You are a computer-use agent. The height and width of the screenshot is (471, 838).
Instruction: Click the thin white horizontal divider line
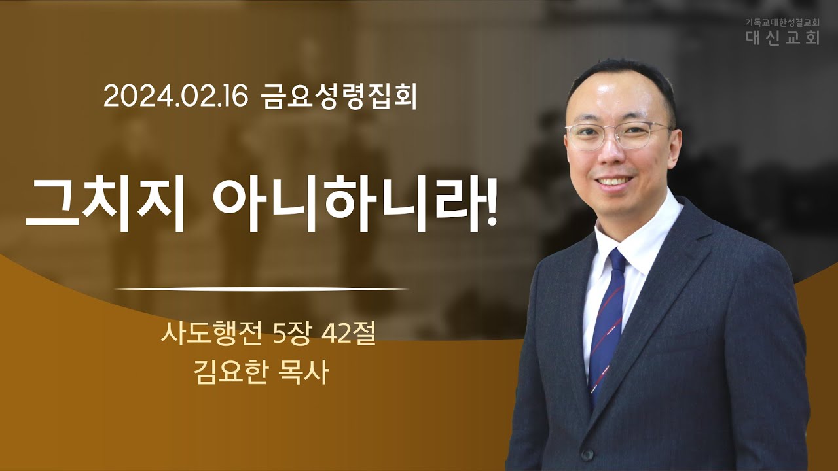coord(261,289)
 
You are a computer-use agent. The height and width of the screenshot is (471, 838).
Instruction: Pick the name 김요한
coord(230,373)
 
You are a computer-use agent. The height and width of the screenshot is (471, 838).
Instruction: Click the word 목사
coord(303,373)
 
